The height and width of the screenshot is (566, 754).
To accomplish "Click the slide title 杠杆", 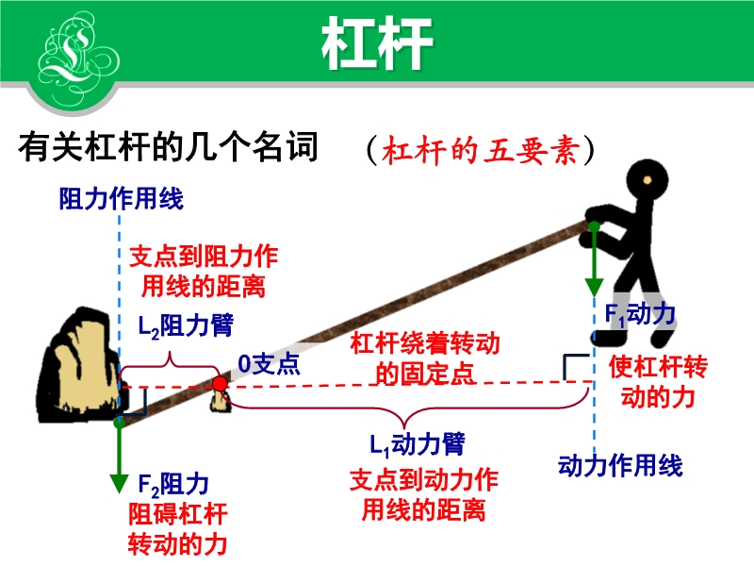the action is (378, 43).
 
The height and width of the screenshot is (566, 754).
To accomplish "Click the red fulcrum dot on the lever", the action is (220, 384).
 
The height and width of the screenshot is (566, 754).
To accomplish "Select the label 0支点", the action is (270, 364).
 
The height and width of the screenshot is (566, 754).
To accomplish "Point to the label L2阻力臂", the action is (186, 325).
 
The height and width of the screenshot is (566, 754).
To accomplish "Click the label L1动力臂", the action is (418, 444).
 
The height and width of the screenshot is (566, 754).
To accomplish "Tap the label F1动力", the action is (640, 315).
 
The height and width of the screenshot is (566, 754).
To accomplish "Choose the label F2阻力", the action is (173, 484).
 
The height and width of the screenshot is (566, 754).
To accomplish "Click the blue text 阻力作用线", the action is (122, 199).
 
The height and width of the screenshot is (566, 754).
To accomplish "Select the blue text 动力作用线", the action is (620, 466).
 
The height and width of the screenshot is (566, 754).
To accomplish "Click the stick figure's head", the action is (647, 181).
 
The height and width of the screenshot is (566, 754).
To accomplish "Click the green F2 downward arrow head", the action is (119, 483).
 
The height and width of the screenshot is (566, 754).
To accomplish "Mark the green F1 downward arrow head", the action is (595, 288).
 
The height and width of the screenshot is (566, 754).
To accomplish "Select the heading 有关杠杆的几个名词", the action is (169, 147).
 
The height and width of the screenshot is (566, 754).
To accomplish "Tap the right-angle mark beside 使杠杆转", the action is (576, 367).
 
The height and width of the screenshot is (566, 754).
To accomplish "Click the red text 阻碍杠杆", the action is (178, 514).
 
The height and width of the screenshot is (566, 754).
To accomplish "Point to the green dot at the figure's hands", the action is (595, 226).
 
